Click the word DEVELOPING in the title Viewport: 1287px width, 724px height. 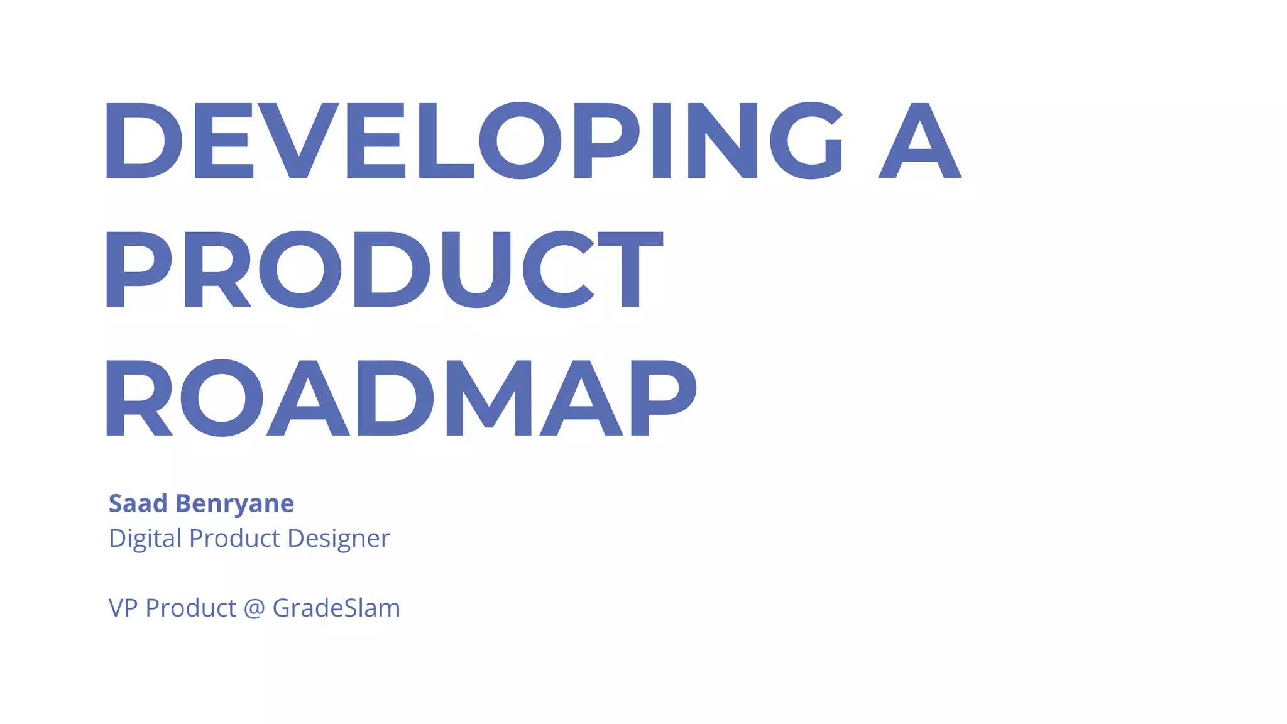(473, 140)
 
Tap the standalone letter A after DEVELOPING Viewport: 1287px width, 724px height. (919, 140)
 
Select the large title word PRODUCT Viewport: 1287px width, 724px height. (383, 270)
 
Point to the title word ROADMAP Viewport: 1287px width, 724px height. (400, 398)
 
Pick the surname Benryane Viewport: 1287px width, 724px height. (234, 504)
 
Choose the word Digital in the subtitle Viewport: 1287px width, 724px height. (145, 539)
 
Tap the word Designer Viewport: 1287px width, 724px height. (339, 539)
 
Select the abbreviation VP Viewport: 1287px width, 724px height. (123, 608)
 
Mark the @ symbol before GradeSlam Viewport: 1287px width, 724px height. (254, 608)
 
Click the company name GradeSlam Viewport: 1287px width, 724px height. (336, 608)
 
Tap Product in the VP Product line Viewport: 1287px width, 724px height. (191, 608)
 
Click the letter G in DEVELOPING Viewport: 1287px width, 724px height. (806, 140)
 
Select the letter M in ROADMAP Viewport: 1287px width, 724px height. (488, 398)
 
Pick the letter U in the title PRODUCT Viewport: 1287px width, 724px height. (476, 270)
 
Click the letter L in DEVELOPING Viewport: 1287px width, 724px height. (444, 140)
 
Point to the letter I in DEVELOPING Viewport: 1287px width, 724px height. (662, 140)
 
